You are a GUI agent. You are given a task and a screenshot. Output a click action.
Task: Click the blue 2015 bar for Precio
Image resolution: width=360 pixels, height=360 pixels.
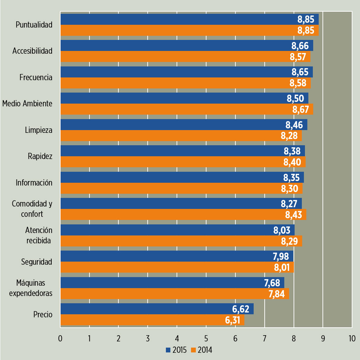tap(157, 309)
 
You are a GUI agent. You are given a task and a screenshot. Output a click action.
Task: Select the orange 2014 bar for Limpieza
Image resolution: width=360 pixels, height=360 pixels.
tap(181, 136)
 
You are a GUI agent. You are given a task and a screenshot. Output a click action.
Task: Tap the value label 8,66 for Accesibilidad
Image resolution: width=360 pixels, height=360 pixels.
tap(300, 46)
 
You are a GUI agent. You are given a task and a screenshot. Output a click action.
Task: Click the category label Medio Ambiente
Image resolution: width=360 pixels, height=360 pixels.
tap(27, 103)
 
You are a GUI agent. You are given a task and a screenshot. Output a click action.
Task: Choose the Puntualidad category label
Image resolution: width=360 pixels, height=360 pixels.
tap(34, 25)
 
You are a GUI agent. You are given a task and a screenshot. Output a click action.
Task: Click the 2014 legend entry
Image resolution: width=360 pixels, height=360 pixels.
tap(202, 350)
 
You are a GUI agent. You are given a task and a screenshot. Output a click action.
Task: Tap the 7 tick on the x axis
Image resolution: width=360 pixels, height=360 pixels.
tap(265, 338)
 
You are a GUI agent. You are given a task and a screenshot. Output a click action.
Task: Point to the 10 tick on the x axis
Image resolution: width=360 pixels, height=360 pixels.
tap(352, 338)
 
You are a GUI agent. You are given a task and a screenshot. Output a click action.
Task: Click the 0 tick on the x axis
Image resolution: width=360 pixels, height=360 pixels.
tap(60, 338)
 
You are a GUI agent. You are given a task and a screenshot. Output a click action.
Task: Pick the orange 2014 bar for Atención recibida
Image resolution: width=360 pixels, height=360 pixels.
tap(181, 241)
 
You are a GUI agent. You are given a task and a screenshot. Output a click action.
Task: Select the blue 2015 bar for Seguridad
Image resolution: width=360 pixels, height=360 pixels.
tap(176, 256)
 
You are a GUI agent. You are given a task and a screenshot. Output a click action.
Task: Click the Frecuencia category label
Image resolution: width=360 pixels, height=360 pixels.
tap(36, 77)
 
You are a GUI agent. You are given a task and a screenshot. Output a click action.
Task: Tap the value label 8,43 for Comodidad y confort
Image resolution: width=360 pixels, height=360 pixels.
tap(294, 215)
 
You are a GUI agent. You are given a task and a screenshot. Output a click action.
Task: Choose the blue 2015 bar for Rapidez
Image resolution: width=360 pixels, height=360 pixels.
tap(182, 151)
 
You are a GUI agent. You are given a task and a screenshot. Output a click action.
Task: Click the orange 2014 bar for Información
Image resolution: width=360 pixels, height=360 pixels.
tap(181, 188)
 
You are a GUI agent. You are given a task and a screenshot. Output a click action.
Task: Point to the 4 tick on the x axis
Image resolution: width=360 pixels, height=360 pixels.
tap(177, 338)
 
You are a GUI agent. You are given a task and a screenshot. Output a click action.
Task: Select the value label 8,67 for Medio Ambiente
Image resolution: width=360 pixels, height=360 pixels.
tap(301, 109)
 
